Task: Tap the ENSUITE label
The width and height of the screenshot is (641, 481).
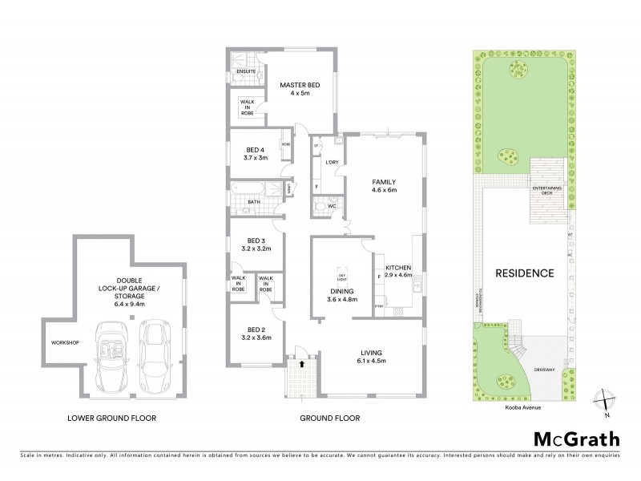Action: pos(246,72)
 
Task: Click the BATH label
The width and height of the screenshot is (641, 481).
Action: pos(253,202)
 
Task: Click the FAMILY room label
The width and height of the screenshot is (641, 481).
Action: pos(383,182)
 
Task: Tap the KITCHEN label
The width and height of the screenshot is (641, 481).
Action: pos(398,267)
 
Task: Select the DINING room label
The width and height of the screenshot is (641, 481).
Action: pos(341,291)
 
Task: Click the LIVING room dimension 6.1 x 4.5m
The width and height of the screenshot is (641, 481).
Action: pos(370,361)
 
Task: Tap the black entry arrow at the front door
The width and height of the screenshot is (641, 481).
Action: pos(301,363)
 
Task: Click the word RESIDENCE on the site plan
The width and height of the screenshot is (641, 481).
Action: pos(524,273)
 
